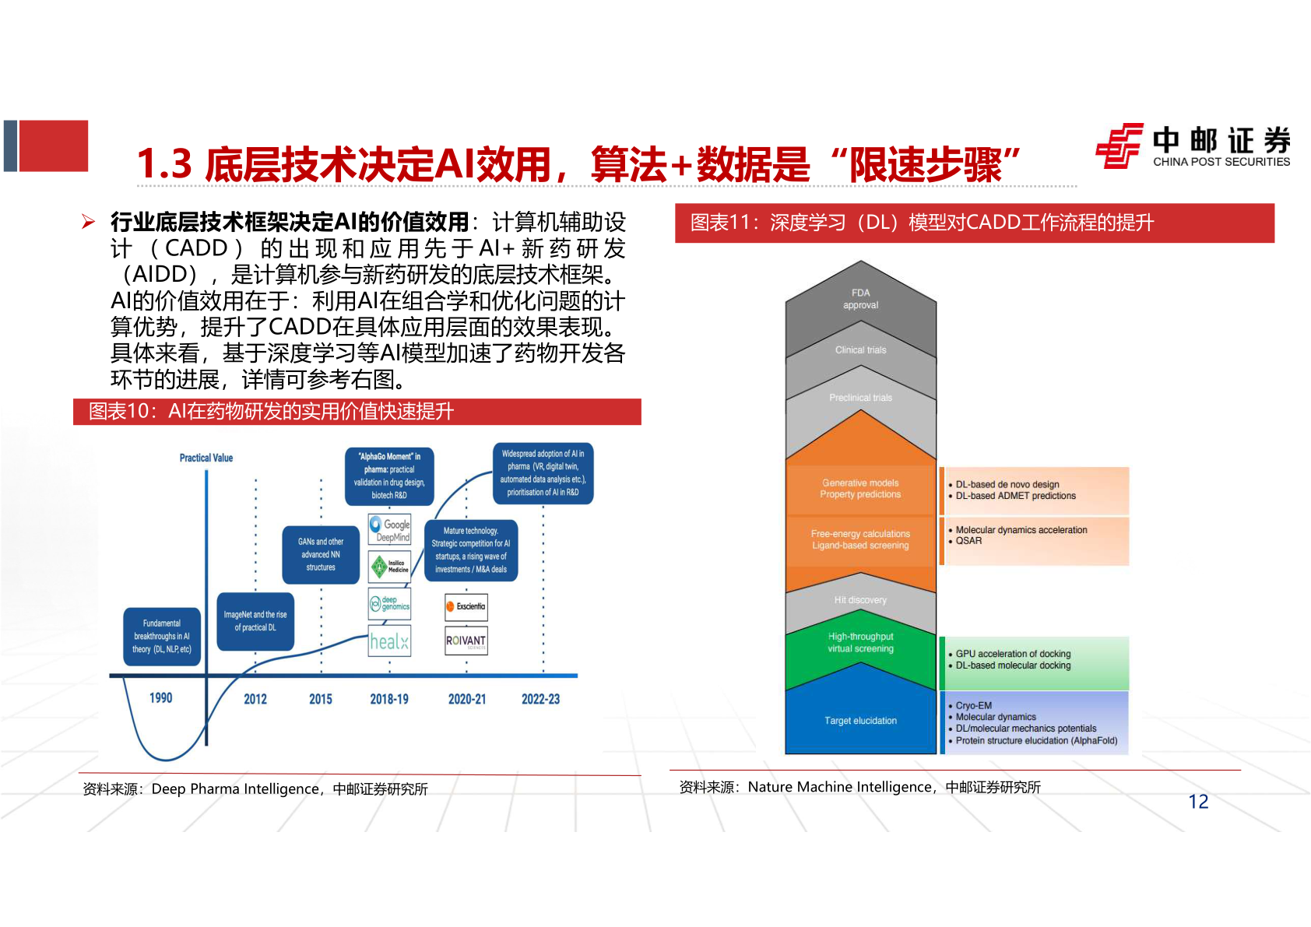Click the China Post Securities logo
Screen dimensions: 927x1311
pos(1192,146)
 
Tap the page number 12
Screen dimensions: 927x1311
pos(1198,802)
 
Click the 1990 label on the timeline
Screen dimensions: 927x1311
pos(161,698)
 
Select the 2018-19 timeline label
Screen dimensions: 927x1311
pos(389,699)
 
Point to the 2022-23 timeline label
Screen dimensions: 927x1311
pos(540,699)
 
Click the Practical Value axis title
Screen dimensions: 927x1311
pos(206,458)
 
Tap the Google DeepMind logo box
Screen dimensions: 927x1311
pos(389,530)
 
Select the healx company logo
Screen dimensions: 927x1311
pos(389,641)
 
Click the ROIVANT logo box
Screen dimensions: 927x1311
pos(466,641)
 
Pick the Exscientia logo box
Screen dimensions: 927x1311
pos(466,606)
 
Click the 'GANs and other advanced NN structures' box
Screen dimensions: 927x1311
pos(321,554)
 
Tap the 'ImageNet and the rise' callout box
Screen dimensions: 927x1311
pos(255,621)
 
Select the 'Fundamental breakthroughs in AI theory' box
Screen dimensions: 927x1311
pos(162,636)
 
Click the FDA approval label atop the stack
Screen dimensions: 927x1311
pos(860,299)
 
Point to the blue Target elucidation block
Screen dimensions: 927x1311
pos(860,721)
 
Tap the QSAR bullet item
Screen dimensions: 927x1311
pos(969,541)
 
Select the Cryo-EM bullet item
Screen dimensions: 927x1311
pos(974,705)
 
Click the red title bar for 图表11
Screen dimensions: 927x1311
pos(974,223)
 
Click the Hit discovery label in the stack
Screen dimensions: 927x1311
pos(860,600)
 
